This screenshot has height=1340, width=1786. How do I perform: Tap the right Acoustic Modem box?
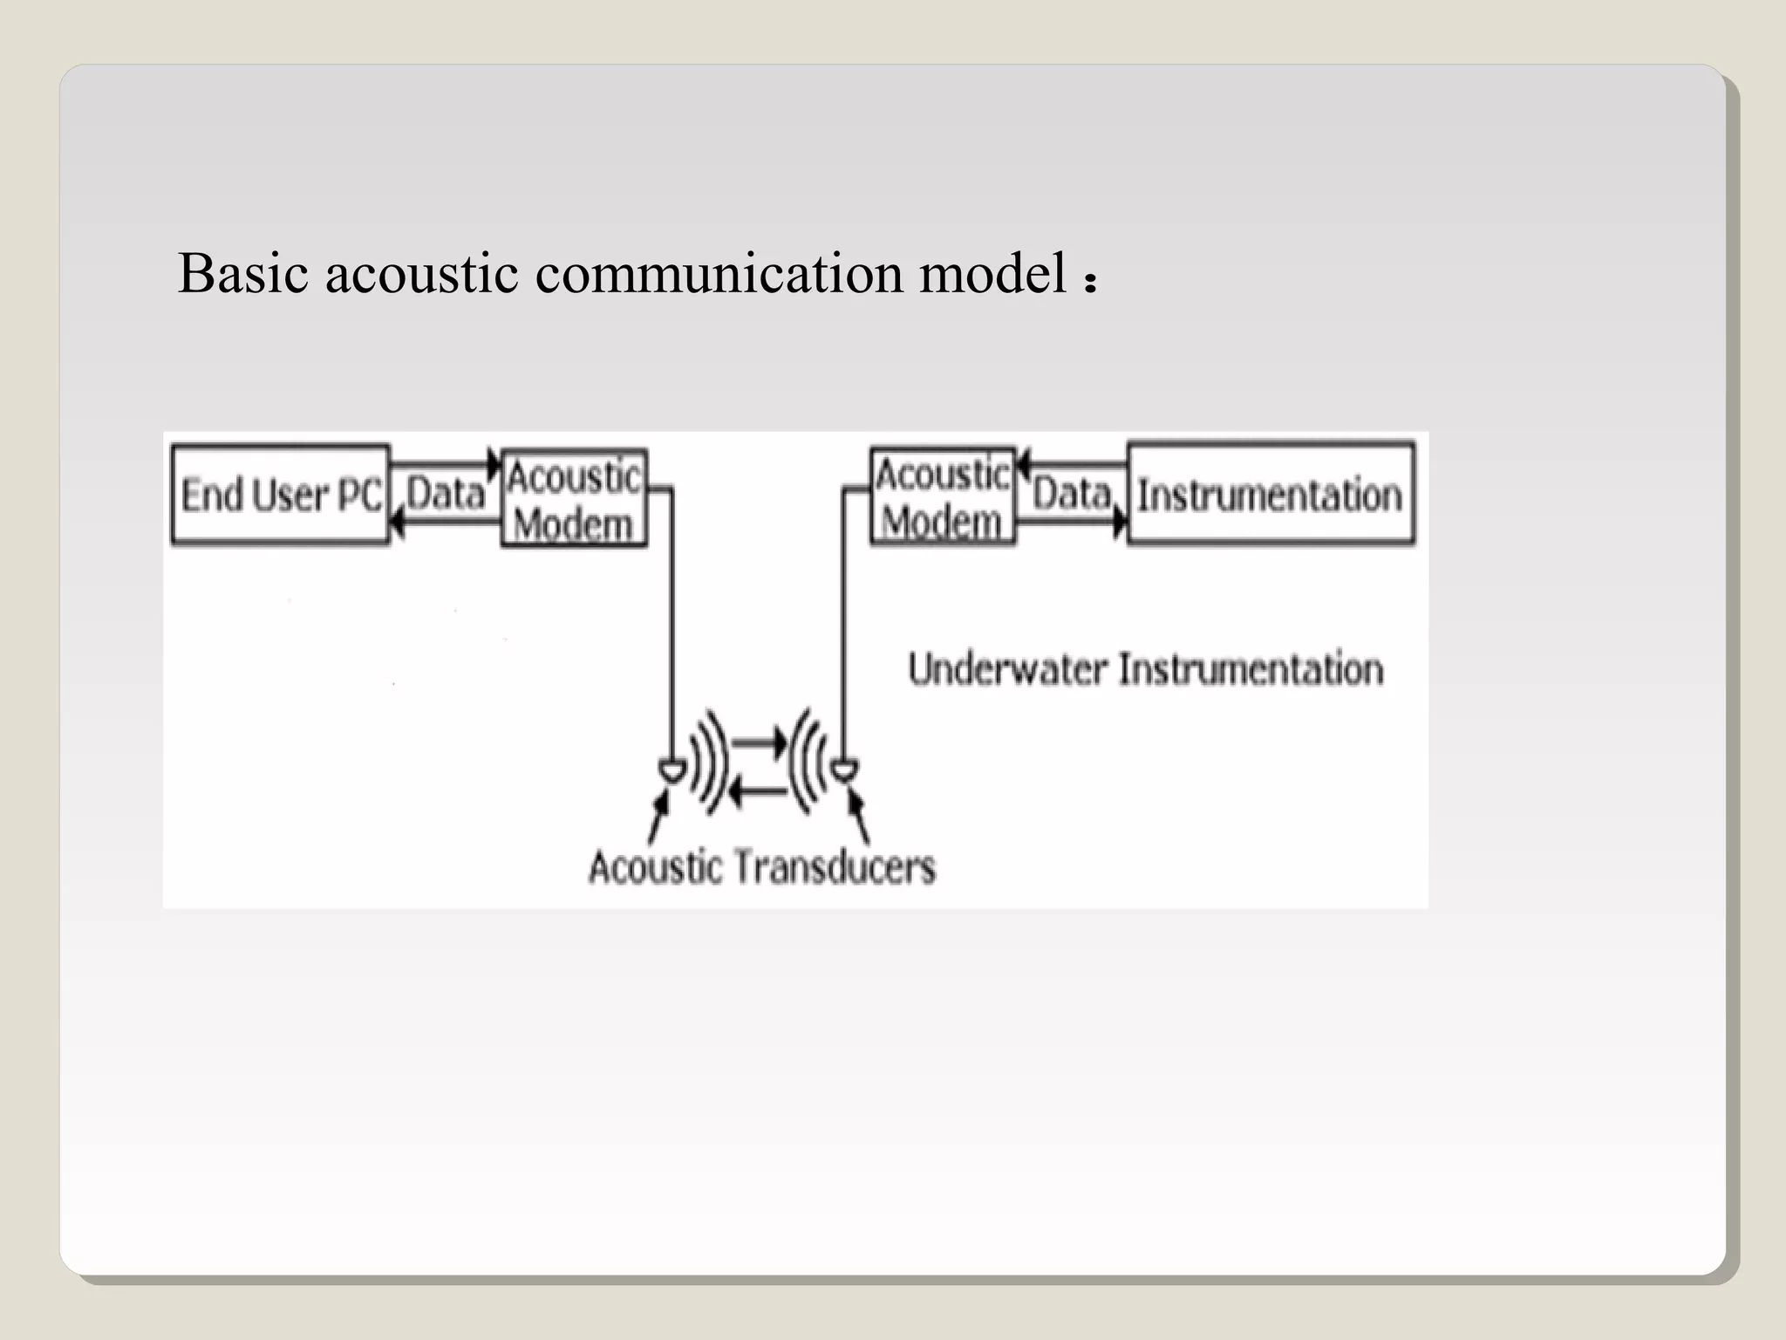point(943,497)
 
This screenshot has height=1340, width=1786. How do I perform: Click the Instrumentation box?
point(1271,495)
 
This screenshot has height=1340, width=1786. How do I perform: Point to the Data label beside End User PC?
point(446,493)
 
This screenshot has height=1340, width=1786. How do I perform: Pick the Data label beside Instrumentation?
point(1072,494)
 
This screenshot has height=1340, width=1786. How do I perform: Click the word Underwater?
point(1007,670)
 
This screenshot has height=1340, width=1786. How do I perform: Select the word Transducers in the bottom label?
point(835,867)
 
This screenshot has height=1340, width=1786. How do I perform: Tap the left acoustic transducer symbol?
point(671,769)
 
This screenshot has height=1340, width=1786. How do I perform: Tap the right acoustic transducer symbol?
point(844,769)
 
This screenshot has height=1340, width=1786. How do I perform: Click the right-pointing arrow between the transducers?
point(759,742)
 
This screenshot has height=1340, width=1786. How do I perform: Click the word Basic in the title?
point(243,273)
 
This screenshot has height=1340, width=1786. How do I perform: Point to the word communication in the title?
point(719,273)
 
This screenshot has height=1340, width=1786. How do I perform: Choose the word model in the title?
point(993,273)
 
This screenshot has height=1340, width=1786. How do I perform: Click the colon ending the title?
point(1089,282)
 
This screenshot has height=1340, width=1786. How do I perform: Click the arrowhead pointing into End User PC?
point(397,523)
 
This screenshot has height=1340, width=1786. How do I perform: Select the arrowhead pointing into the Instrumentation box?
point(1121,523)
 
